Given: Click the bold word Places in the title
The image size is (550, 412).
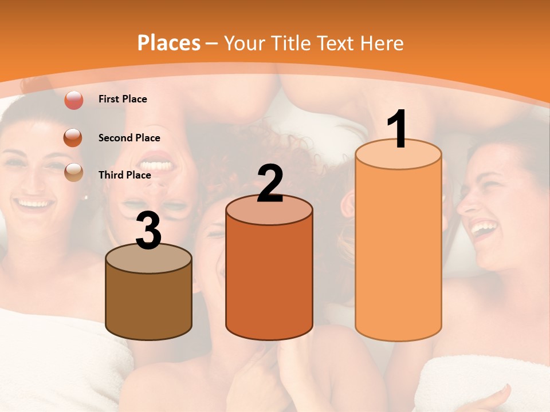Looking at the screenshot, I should tap(169, 43).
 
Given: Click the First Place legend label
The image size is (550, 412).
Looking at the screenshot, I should tap(123, 99).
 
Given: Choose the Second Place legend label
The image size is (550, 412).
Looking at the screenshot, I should tap(129, 138).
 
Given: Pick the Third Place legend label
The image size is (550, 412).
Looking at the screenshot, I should tap(124, 175).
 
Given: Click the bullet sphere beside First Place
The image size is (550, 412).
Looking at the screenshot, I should tap(74, 101).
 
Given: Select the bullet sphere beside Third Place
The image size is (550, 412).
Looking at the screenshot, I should tap(74, 172).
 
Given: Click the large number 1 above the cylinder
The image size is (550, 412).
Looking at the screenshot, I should tap(397, 129).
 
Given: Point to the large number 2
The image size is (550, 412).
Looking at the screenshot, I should tap(270, 184).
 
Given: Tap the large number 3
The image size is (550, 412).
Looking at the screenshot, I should tap(148, 232).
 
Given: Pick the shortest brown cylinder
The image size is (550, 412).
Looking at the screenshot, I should tap(149, 303).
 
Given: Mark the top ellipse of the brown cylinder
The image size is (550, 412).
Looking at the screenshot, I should tap(149, 259).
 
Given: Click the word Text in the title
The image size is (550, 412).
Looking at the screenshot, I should tap(338, 43).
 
